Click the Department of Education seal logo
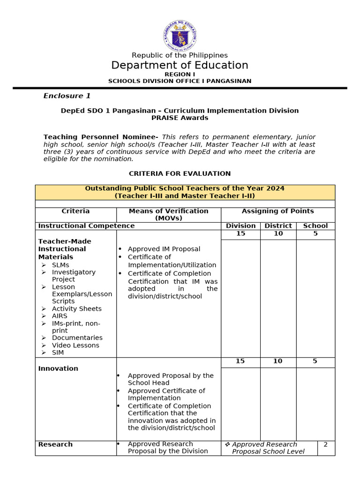(x=180, y=36)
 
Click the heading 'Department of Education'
(x=180, y=65)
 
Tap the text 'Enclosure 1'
(x=67, y=96)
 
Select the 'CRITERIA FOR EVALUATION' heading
(x=180, y=173)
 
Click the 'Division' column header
(x=240, y=226)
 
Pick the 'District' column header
(x=278, y=226)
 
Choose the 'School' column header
(x=315, y=226)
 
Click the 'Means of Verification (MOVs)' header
(x=168, y=214)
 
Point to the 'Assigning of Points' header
(x=277, y=211)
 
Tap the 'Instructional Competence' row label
(x=86, y=226)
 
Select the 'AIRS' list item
(x=60, y=316)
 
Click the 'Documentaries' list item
(x=77, y=338)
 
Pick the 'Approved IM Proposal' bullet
(x=164, y=249)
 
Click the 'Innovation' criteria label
(x=58, y=368)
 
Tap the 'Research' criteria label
(x=55, y=444)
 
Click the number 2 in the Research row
(x=325, y=444)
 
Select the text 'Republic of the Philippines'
(x=180, y=55)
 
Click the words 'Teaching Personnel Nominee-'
(x=100, y=137)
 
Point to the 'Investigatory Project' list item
(x=74, y=276)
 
